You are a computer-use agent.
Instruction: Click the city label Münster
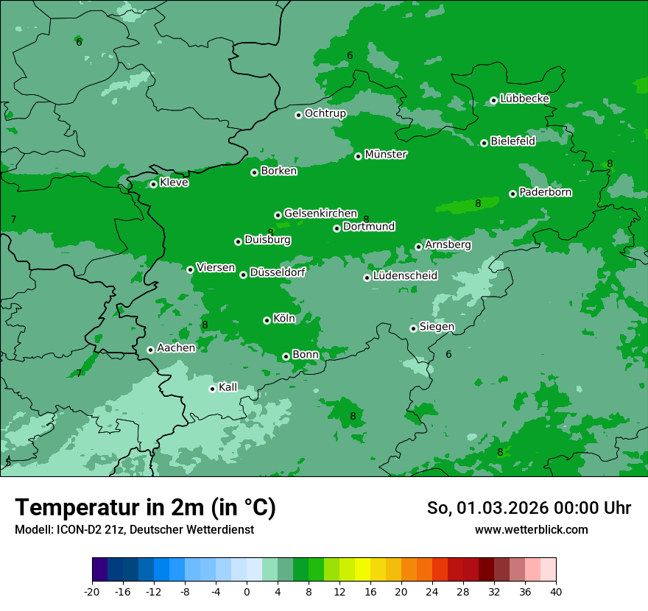pos(386,155)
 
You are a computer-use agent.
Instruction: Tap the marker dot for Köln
pos(267,320)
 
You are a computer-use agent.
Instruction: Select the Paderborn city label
pos(546,192)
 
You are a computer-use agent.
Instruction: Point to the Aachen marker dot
pos(150,350)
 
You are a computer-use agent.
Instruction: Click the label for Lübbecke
pos(524,99)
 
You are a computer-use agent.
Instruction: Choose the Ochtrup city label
pos(325,113)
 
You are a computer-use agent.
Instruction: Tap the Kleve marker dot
pos(153,184)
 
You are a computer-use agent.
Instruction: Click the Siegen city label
pos(437,327)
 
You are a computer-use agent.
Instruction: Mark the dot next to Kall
pos(212,389)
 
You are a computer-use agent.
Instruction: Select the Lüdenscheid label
pos(405,276)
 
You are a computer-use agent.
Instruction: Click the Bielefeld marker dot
pos(484,143)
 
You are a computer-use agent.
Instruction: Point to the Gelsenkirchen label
pos(320,213)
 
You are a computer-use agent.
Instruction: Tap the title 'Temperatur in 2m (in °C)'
pos(146,508)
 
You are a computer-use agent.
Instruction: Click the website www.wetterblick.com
pos(532,530)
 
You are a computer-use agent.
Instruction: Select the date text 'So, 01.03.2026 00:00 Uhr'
pos(529,508)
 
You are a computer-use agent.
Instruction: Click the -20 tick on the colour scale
pos(92,591)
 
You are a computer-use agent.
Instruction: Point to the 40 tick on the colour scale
pos(556,591)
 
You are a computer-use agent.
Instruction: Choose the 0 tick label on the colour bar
pos(247,591)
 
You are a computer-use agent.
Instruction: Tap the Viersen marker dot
pos(190,269)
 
